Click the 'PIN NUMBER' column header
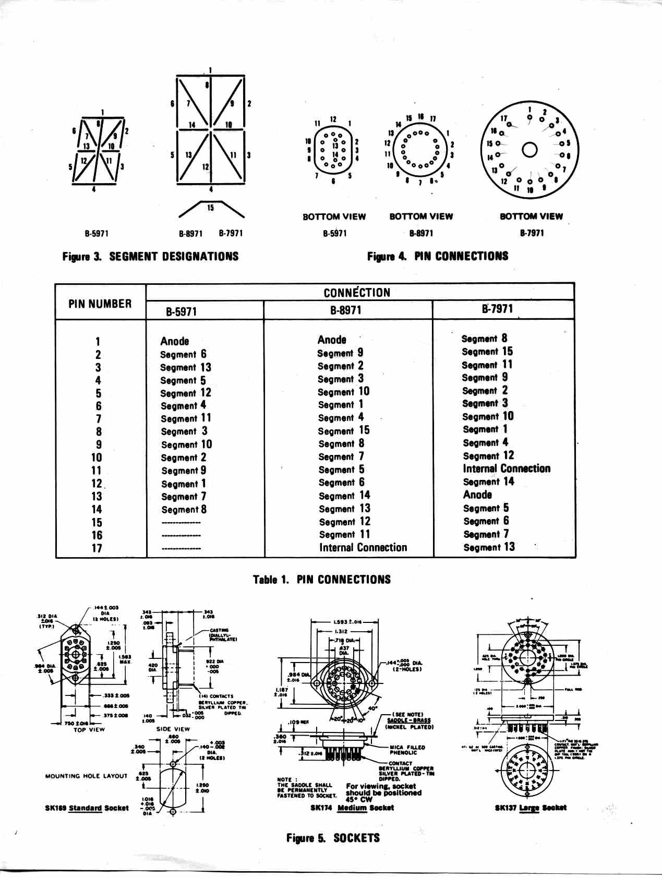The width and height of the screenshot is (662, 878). tap(100, 304)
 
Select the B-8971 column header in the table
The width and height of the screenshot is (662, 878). tap(345, 310)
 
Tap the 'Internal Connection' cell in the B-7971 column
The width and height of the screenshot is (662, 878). tap(506, 468)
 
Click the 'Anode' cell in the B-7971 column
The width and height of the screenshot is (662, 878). tap(477, 495)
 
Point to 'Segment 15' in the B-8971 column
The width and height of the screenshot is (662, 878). tap(343, 430)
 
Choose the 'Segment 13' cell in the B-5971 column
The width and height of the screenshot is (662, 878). tap(185, 367)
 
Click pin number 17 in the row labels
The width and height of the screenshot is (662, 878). tap(97, 548)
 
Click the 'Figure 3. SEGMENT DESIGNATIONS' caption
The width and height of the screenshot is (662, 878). tap(150, 256)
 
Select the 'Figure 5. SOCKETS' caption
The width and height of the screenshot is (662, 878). tap(332, 838)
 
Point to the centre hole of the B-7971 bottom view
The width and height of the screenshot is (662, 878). tap(529, 150)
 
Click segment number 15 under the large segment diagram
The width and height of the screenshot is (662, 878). tap(210, 208)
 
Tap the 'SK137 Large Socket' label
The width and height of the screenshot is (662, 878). tap(530, 808)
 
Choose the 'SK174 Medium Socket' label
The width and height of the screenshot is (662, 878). tap(352, 808)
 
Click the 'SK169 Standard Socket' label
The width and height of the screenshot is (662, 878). tap(87, 808)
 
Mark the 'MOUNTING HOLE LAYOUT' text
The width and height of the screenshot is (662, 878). tap(86, 776)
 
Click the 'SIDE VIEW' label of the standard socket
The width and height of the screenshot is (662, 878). tap(173, 729)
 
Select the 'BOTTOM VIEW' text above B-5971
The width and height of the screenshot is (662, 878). tap(334, 217)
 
